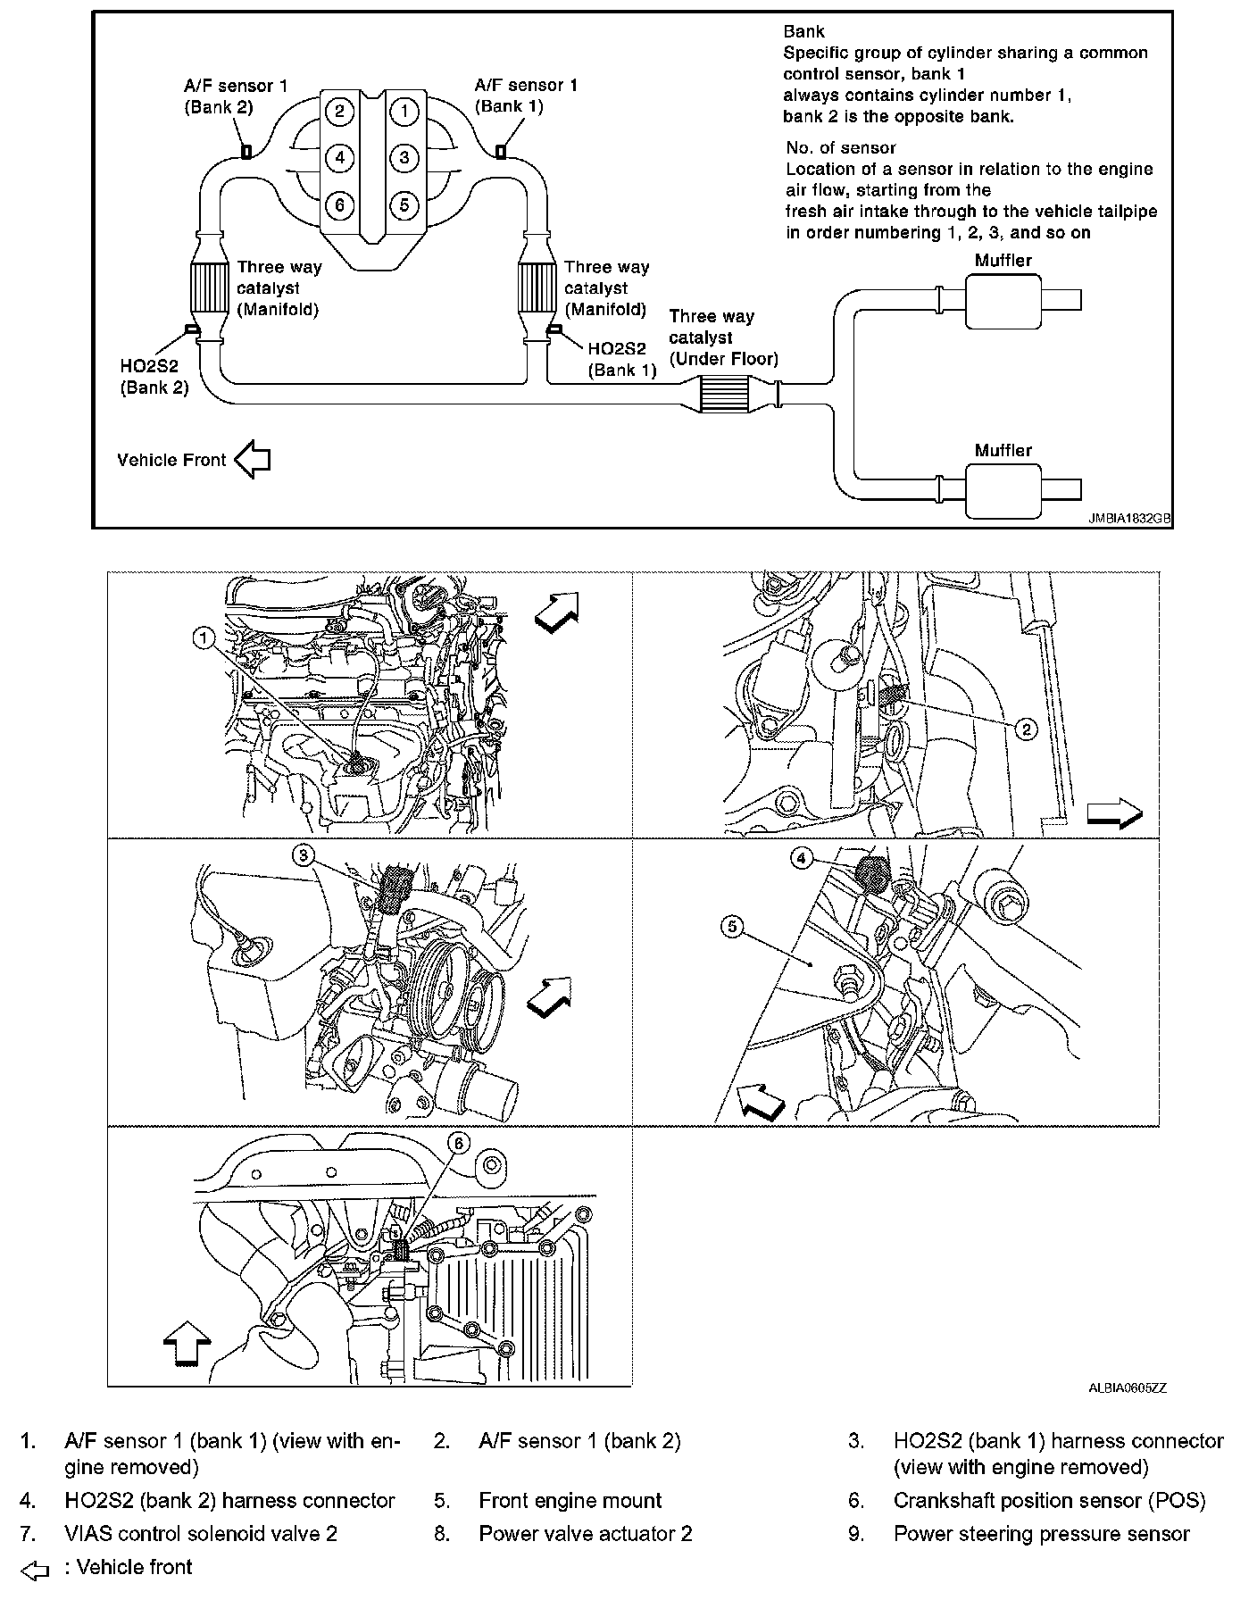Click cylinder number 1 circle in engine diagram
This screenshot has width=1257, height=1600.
404,111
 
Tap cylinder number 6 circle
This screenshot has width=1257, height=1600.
339,204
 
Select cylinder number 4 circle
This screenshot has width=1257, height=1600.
339,158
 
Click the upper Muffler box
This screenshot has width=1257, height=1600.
1003,302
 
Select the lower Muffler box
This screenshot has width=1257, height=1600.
1003,492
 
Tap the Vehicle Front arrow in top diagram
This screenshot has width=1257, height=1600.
253,460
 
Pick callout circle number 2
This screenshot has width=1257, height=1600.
1026,729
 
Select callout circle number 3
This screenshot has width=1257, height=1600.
304,855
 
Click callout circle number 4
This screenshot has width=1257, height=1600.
801,858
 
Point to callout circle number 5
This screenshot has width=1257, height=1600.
732,927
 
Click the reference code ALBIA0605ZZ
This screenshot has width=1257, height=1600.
1127,1388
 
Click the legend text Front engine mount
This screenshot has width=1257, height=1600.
570,1501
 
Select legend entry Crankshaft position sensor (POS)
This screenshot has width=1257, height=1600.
1048,1501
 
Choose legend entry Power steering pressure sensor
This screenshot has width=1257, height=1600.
1041,1534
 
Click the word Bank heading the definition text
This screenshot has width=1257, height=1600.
803,31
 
